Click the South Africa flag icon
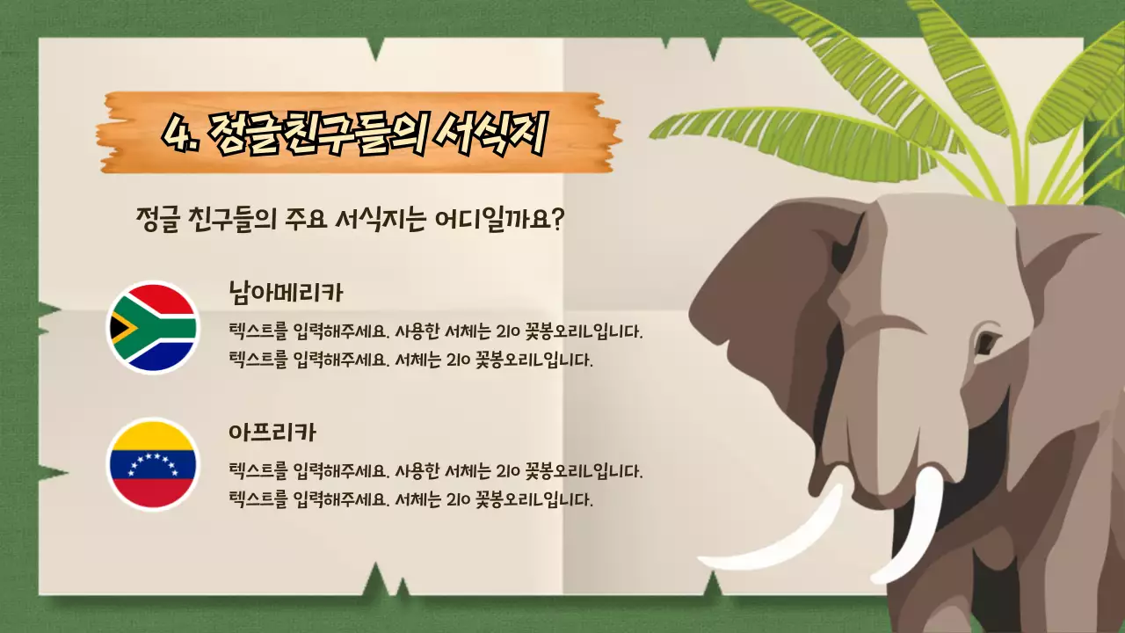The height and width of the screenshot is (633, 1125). point(152,327)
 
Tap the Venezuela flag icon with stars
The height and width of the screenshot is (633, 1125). point(152,464)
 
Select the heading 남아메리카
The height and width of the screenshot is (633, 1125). point(285,293)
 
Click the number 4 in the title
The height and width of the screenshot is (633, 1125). point(178,134)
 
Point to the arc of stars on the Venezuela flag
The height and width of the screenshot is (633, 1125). point(152,462)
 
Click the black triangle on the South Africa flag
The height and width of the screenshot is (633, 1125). point(119,328)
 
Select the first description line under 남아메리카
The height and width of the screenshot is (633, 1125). point(436,332)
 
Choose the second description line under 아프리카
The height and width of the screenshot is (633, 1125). point(410,499)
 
